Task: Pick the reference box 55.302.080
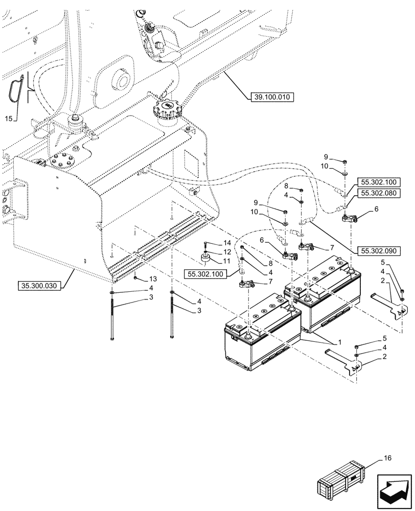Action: click(x=380, y=193)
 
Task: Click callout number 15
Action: click(x=8, y=119)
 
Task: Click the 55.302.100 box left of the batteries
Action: click(x=205, y=274)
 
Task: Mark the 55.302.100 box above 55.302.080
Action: click(x=380, y=182)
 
